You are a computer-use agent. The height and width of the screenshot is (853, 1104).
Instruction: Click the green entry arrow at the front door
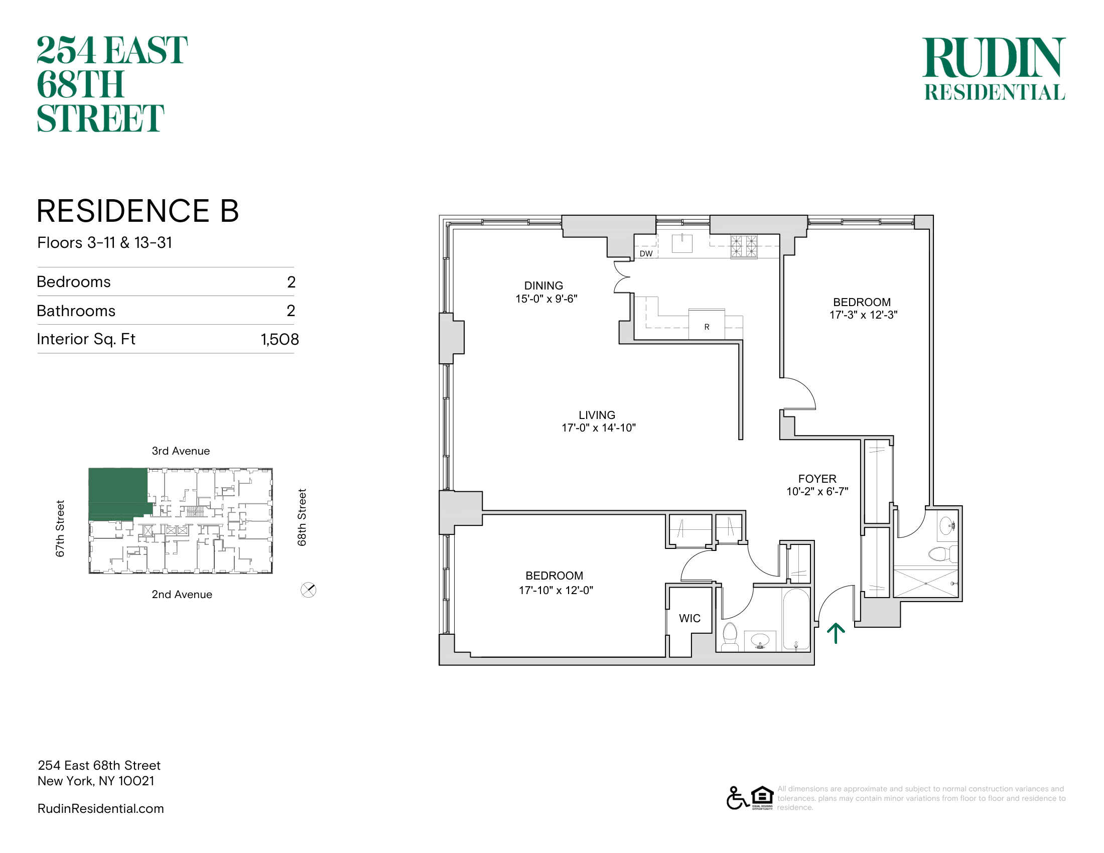click(836, 633)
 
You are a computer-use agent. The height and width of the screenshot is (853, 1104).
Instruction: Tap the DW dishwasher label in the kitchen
click(646, 254)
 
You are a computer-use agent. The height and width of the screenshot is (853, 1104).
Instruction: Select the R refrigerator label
click(707, 327)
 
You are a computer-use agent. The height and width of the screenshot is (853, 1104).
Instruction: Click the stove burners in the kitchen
click(744, 247)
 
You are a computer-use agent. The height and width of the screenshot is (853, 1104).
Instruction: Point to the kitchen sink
click(682, 243)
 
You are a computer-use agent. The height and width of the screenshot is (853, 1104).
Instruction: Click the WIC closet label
click(689, 618)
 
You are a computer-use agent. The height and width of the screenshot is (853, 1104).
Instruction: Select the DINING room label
click(543, 286)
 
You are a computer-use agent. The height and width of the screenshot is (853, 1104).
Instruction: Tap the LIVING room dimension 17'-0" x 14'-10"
click(599, 428)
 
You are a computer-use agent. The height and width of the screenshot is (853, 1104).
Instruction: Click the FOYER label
click(817, 479)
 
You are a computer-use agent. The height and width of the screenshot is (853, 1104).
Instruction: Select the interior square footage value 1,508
click(280, 339)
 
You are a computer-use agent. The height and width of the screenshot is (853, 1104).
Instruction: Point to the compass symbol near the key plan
click(308, 590)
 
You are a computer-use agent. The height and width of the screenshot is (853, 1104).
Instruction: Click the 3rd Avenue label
click(181, 451)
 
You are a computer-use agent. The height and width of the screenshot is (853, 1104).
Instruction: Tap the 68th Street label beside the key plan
click(302, 517)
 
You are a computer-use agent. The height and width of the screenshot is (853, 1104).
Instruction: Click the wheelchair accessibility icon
click(737, 798)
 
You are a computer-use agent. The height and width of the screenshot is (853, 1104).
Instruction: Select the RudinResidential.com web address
click(100, 808)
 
